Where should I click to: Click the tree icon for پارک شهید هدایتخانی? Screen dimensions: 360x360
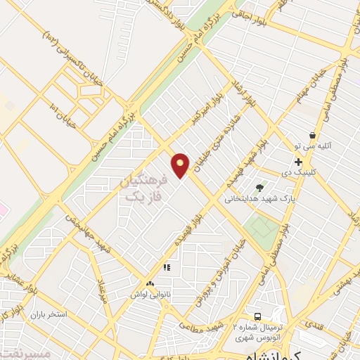(x=260, y=187)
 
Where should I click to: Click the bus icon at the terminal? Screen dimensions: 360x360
(x=258, y=316)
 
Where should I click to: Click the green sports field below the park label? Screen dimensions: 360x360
(x=262, y=226)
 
